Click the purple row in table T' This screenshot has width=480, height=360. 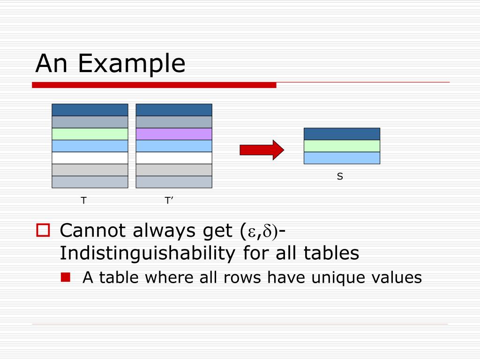pos(174,134)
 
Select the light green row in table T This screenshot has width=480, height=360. pos(90,134)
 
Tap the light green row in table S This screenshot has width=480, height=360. pos(342,146)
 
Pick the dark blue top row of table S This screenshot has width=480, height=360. pos(342,134)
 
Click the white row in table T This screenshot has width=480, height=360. pos(90,158)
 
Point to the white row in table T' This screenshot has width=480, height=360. pos(174,158)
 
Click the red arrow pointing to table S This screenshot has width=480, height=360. pos(262,150)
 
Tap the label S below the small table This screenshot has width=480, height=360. pos(340,177)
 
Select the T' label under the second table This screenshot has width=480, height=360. pos(169,201)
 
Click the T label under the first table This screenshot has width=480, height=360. pos(84,201)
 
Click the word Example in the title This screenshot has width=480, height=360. pos(132,63)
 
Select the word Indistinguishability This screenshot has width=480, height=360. pos(148,254)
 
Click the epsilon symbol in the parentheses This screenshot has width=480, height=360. pos(251,232)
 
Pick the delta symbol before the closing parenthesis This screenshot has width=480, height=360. pos(268,231)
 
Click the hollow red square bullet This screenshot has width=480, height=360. pos(43,230)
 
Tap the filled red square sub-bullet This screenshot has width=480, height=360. pos(65,277)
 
